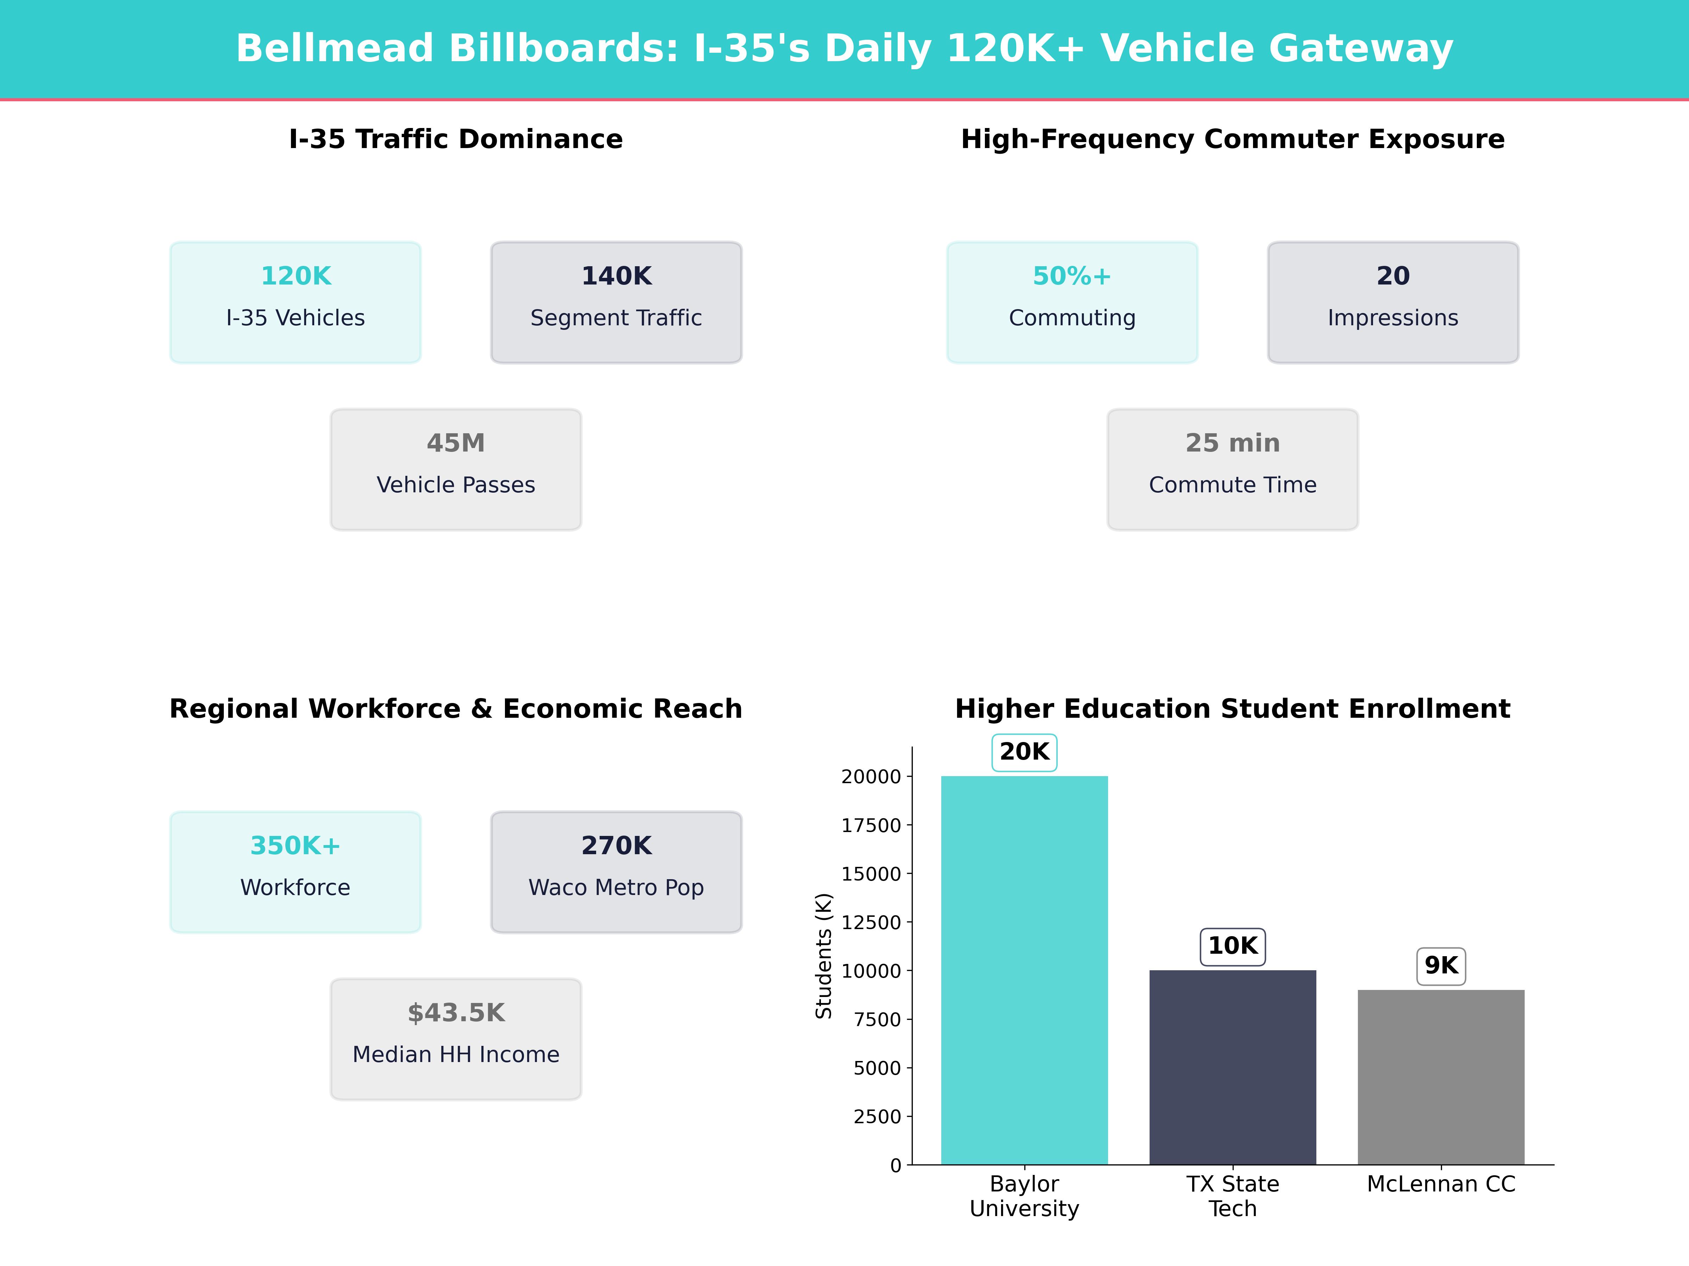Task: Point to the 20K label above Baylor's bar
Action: click(x=1024, y=752)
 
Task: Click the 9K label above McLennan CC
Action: click(x=1441, y=965)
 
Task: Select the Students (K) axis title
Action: click(x=823, y=955)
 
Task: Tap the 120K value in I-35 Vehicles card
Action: click(x=296, y=275)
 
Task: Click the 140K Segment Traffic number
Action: click(x=616, y=275)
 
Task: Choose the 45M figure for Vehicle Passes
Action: click(x=456, y=443)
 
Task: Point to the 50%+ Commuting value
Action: click(x=1072, y=275)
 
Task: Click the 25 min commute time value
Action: click(x=1232, y=443)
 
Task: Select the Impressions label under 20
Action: click(x=1393, y=318)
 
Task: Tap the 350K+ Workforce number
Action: click(x=296, y=845)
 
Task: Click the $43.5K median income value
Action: click(x=456, y=1013)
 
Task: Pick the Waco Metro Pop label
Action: click(x=616, y=888)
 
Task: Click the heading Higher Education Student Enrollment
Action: click(x=1232, y=709)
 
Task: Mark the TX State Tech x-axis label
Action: click(x=1232, y=1196)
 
